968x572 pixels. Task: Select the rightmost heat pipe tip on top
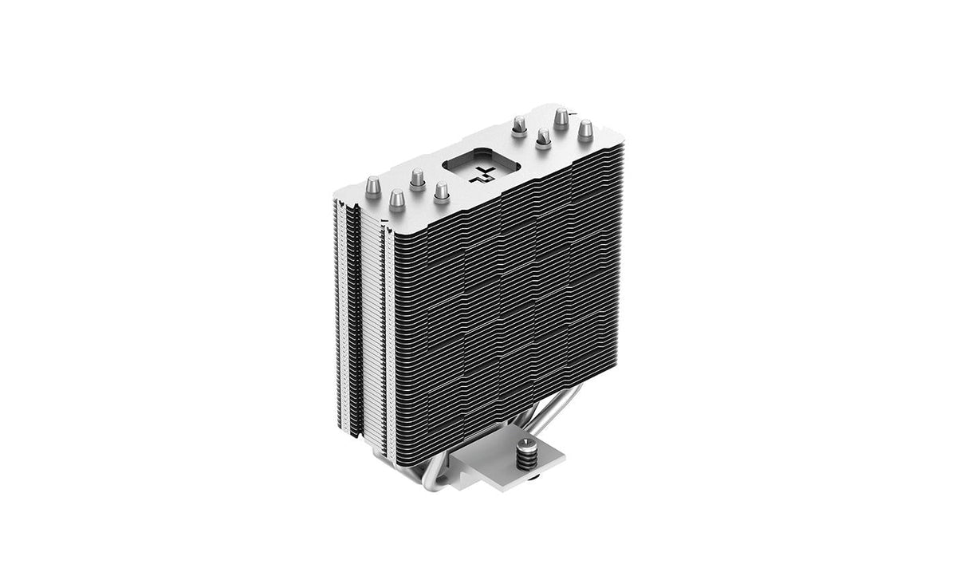tap(585, 128)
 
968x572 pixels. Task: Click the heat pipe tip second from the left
tap(395, 196)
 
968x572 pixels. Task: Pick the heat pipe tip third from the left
tap(416, 177)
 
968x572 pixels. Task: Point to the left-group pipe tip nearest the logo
tap(441, 191)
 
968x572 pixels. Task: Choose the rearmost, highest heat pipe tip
tap(561, 117)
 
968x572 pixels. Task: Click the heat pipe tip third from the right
tap(544, 137)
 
